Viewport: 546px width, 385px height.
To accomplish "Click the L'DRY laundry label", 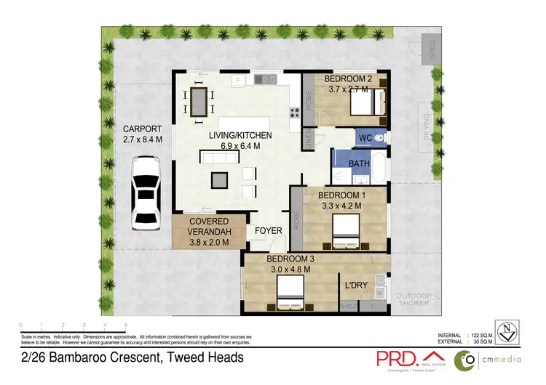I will coord(356,286).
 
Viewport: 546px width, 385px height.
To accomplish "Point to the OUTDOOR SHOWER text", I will coord(414,299).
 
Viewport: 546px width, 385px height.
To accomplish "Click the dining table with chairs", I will coord(199,101).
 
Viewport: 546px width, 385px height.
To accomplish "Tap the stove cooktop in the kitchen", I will coord(295,112).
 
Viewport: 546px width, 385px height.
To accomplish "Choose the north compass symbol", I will coord(507,332).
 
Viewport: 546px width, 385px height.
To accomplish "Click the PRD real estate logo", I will coord(403,358).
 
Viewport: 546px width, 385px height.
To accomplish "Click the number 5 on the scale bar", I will coord(126,325).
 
